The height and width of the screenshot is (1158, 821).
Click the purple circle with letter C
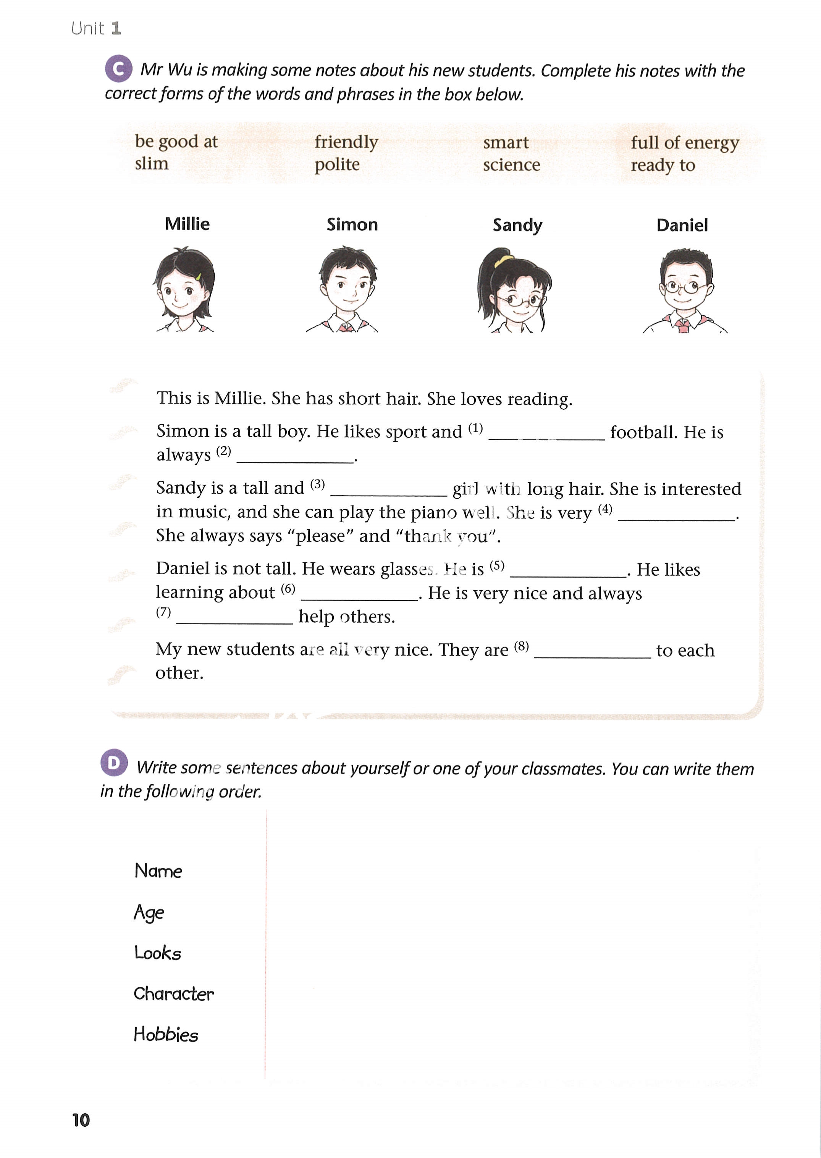coord(118,69)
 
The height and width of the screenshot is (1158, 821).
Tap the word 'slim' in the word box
coord(152,164)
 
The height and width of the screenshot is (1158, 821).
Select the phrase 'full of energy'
coord(685,143)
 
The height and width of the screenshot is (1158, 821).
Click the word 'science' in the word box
coord(511,165)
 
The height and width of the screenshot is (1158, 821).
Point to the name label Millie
coord(187,224)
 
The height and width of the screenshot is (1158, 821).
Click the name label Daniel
coord(682,225)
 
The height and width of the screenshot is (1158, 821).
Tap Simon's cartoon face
coord(348,286)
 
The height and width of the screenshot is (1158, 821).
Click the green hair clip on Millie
coord(199,277)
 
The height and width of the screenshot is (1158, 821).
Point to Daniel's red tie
coord(682,325)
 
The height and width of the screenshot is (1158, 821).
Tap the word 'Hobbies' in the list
coord(166,1035)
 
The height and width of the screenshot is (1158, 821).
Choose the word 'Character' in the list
coord(173,994)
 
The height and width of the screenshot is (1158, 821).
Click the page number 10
coord(81,1120)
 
